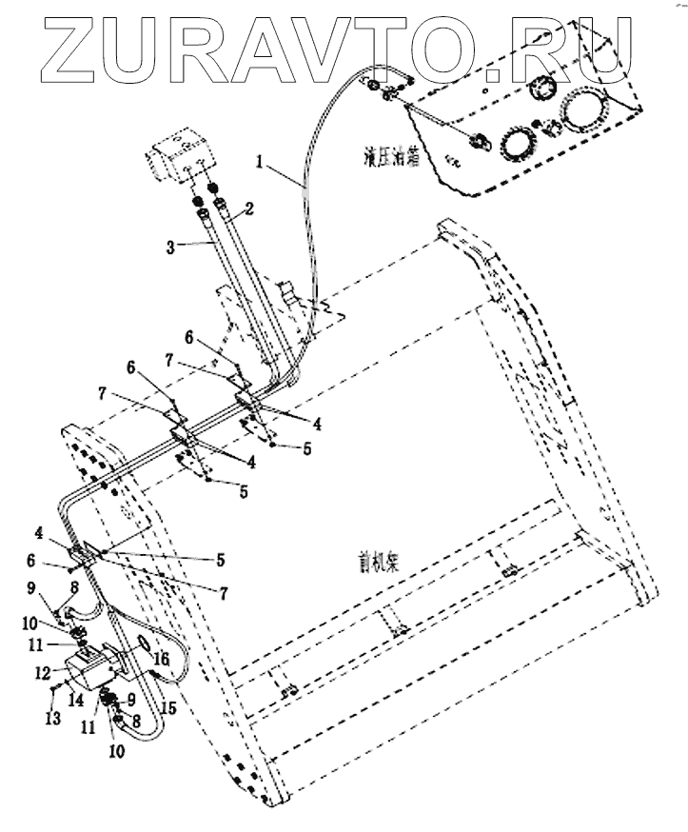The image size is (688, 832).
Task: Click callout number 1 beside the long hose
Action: point(259,163)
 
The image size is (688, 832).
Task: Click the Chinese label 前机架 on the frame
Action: point(379,561)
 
